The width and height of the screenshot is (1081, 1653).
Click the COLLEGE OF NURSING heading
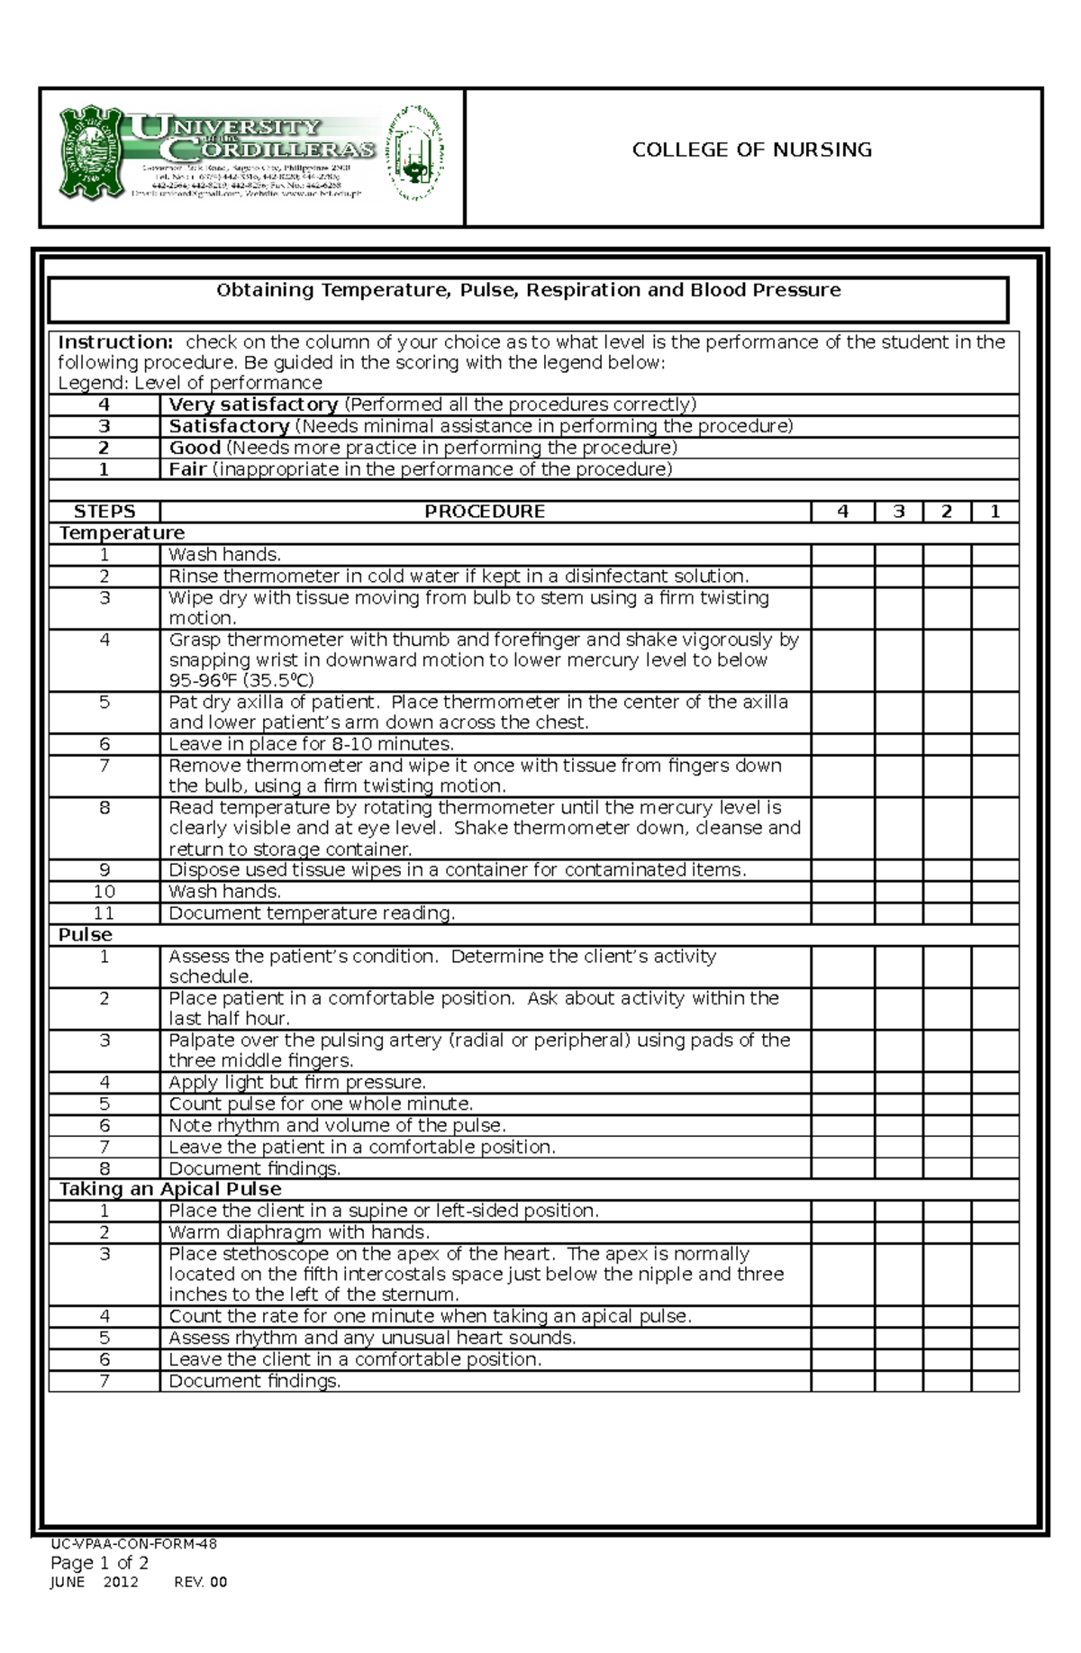(751, 150)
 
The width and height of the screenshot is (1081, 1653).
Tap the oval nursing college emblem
(415, 152)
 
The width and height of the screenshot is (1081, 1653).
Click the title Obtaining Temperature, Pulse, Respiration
(528, 290)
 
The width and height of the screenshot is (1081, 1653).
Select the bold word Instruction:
(114, 342)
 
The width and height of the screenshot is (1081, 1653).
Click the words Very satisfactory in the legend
(253, 404)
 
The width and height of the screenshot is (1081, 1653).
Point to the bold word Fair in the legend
(188, 469)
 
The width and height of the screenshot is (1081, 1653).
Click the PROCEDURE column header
(485, 512)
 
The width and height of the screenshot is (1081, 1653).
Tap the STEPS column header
(104, 512)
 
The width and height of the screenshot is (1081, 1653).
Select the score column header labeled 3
(898, 512)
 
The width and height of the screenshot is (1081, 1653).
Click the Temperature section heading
(122, 533)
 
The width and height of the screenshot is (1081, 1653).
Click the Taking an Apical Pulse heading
(170, 1189)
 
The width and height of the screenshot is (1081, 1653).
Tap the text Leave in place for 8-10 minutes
(311, 744)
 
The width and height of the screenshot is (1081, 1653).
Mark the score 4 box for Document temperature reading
(842, 913)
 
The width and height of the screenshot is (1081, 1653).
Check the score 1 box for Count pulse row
(995, 1104)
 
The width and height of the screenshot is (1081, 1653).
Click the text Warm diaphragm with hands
(299, 1232)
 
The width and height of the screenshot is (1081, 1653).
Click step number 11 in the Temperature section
(104, 913)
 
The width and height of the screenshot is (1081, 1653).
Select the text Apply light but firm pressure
(297, 1083)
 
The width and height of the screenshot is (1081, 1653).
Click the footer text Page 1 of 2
(99, 1563)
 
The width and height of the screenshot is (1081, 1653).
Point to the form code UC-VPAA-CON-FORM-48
(133, 1544)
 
